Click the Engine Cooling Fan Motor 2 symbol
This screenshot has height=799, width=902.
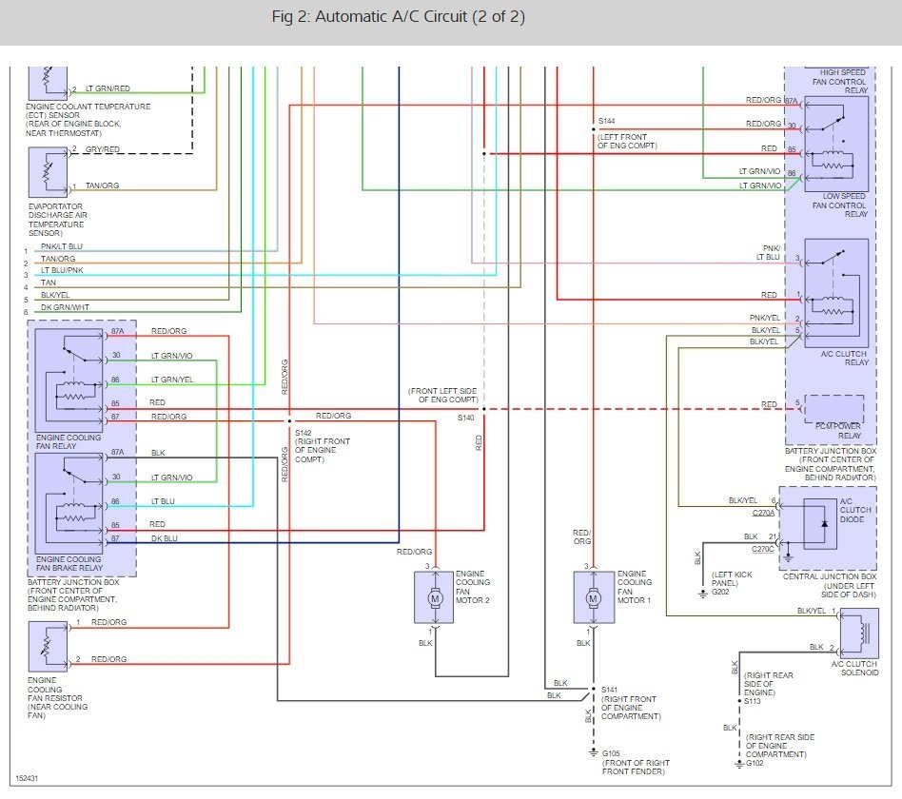click(434, 597)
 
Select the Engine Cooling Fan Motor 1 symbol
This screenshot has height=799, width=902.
click(593, 597)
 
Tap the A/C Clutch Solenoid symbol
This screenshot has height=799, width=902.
click(859, 632)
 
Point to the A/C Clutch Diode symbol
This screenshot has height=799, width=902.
click(823, 523)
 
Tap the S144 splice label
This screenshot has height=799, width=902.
click(606, 123)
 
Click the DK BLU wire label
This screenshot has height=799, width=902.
click(164, 539)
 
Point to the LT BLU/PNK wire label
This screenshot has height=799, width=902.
click(66, 271)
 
